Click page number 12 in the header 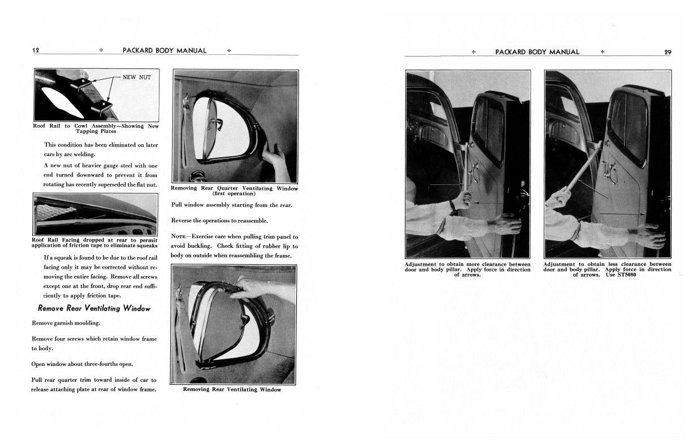(x=35, y=50)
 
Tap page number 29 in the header (x=668, y=52)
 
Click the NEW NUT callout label (x=137, y=77)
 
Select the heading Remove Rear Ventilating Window (x=94, y=308)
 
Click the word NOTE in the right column (x=180, y=236)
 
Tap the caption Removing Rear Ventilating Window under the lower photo (x=232, y=389)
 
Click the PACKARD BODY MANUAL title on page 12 (x=164, y=50)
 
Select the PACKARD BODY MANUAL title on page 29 (x=537, y=52)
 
